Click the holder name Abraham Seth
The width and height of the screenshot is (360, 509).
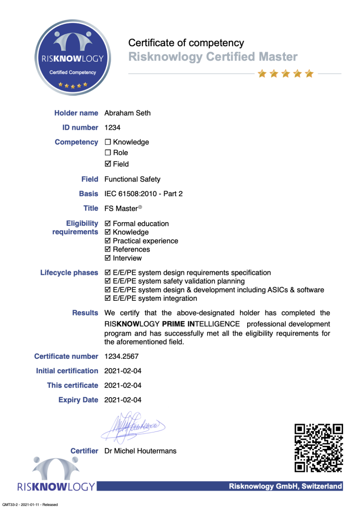tap(127, 113)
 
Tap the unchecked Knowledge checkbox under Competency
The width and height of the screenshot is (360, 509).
tap(108, 142)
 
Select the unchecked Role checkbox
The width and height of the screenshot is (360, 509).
tap(108, 153)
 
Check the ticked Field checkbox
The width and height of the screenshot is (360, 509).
tap(108, 164)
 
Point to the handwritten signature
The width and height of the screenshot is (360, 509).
tap(132, 426)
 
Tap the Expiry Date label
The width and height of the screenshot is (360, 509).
tap(78, 400)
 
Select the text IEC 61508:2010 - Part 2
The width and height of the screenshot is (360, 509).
tap(143, 193)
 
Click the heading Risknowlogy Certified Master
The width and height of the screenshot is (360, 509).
tap(213, 57)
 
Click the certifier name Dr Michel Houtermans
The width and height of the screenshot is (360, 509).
tap(140, 451)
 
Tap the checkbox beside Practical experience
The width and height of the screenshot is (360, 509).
tap(108, 241)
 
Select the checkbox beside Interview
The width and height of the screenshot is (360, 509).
tap(108, 258)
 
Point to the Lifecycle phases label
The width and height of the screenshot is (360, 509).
tap(69, 272)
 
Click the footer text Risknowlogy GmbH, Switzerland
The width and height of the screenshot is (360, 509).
tap(285, 486)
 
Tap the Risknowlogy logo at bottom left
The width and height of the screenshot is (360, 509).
tap(56, 475)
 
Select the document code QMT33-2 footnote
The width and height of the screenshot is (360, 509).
tap(30, 505)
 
